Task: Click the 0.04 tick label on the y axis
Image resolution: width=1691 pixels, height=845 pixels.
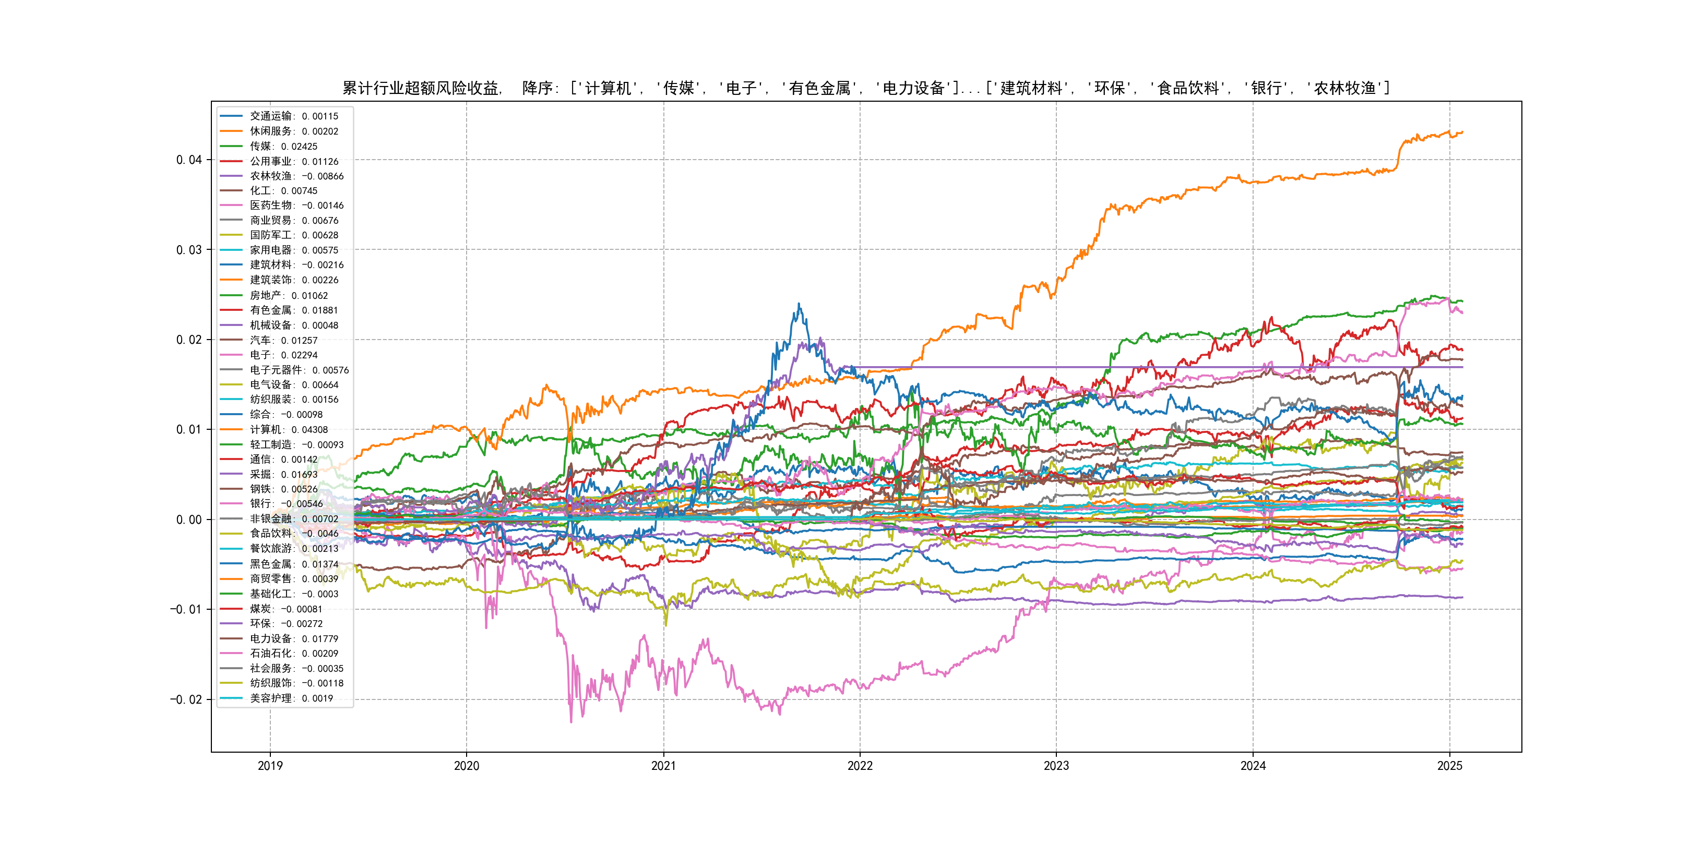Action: [188, 160]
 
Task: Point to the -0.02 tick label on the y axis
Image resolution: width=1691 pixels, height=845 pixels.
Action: [186, 699]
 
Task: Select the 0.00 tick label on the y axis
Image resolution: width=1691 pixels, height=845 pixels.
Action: [188, 520]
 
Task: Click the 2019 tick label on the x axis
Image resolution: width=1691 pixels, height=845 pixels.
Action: [270, 766]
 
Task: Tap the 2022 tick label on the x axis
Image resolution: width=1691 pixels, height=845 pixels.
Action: [860, 766]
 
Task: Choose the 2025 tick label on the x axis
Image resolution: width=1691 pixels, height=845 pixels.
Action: [1449, 766]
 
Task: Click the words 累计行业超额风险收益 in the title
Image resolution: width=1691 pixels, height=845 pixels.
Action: [420, 88]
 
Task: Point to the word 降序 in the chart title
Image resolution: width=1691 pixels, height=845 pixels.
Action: [538, 88]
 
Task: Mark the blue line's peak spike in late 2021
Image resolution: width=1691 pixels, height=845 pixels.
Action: [799, 304]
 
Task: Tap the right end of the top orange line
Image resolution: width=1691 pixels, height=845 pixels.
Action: [1462, 132]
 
